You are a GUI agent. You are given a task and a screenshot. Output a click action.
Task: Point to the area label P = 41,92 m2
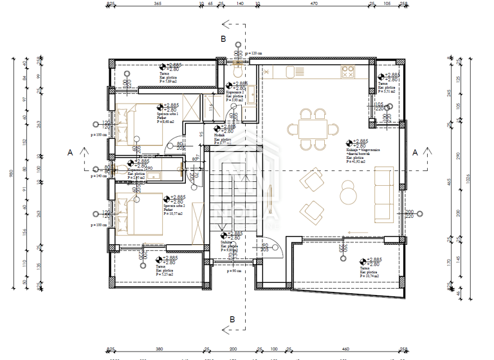point(356,161)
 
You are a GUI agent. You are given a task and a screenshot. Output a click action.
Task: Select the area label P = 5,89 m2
point(169,82)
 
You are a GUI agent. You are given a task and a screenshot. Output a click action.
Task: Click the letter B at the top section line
point(223,39)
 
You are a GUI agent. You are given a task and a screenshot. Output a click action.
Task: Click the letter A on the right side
point(415,152)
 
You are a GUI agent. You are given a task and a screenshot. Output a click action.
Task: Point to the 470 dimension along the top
point(314,4)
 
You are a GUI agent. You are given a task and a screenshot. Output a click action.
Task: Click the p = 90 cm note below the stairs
point(234,271)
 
